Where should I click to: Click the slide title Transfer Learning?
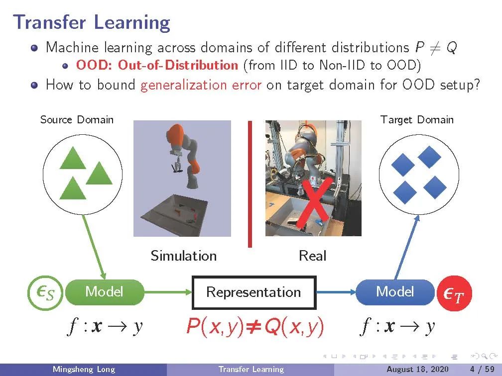tap(92, 23)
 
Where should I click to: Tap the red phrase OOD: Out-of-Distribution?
tap(157, 65)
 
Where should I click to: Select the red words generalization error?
tap(201, 85)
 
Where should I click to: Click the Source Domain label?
tap(77, 120)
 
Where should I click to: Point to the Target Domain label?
tap(417, 120)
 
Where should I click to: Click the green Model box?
tap(104, 292)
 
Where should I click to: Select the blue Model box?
tap(394, 292)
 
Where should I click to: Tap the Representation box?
tap(254, 292)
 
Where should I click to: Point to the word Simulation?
tap(183, 256)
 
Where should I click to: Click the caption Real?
tap(312, 256)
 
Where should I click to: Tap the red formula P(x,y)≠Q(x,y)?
tap(254, 327)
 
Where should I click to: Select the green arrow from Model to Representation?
tap(168, 292)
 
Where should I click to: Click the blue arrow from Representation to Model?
tap(335, 292)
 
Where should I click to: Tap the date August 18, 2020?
tap(417, 370)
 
